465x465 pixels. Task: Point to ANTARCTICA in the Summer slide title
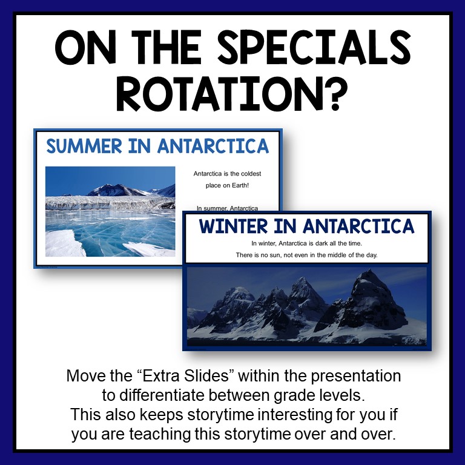[x=212, y=146]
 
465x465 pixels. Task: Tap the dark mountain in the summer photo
[x=112, y=190]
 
